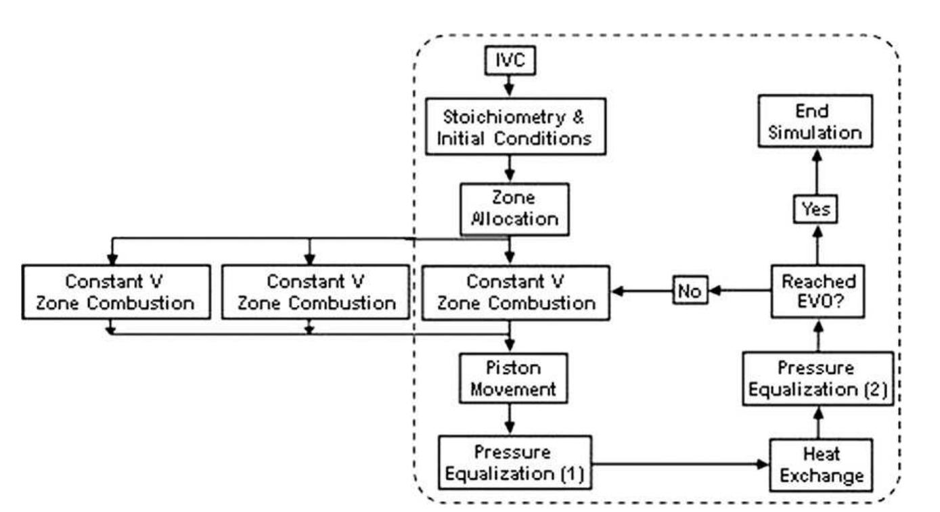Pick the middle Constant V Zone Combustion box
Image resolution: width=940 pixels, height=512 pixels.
click(x=315, y=292)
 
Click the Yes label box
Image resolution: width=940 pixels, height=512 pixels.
click(x=815, y=210)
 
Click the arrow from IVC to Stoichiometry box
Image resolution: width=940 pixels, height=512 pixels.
click(x=510, y=85)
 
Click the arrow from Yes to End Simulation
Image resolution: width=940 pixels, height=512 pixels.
click(x=815, y=172)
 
